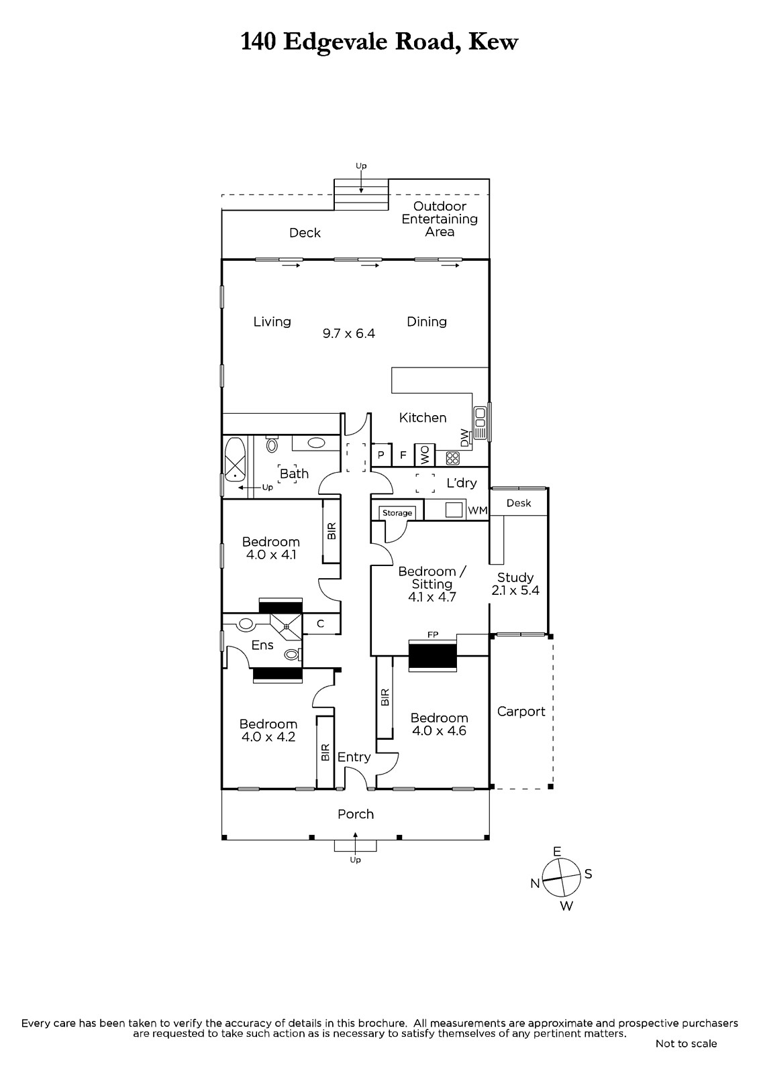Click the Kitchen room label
tap(422, 418)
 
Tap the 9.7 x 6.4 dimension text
tap(348, 333)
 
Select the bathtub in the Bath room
tap(235, 460)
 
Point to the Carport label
tap(521, 712)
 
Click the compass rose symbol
tap(561, 878)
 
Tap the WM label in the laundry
tap(478, 510)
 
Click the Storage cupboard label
tap(397, 513)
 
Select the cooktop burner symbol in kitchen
tap(452, 459)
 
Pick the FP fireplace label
tap(432, 635)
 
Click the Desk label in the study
tap(519, 503)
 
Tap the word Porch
tap(355, 814)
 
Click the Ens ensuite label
tap(262, 645)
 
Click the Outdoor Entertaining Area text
tap(440, 219)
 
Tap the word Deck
tap(305, 233)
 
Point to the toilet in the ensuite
tap(291, 654)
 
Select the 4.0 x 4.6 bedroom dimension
tap(439, 730)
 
